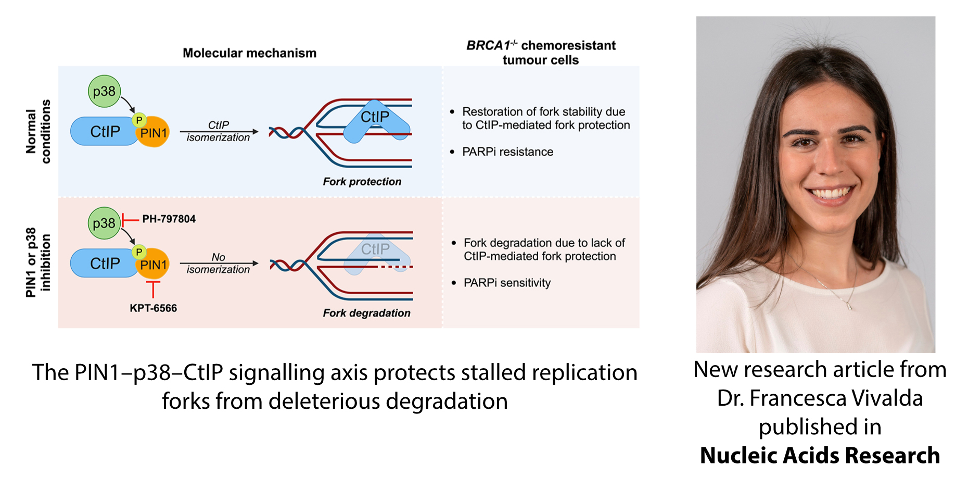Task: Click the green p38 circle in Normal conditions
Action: pyautogui.click(x=104, y=91)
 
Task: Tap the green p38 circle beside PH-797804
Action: pyautogui.click(x=104, y=223)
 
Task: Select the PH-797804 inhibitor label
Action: pyautogui.click(x=169, y=219)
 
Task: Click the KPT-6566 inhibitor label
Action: pyautogui.click(x=153, y=308)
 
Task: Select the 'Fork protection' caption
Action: pyautogui.click(x=362, y=182)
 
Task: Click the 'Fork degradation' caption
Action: pyautogui.click(x=366, y=313)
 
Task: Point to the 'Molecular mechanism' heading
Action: pyautogui.click(x=249, y=53)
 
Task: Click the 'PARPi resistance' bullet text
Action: pyautogui.click(x=507, y=152)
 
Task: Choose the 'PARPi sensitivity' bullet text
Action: pyautogui.click(x=507, y=283)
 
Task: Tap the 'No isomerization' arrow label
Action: pyautogui.click(x=218, y=263)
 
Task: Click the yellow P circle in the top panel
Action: pyautogui.click(x=139, y=120)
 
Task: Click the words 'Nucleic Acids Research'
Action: pyautogui.click(x=820, y=456)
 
